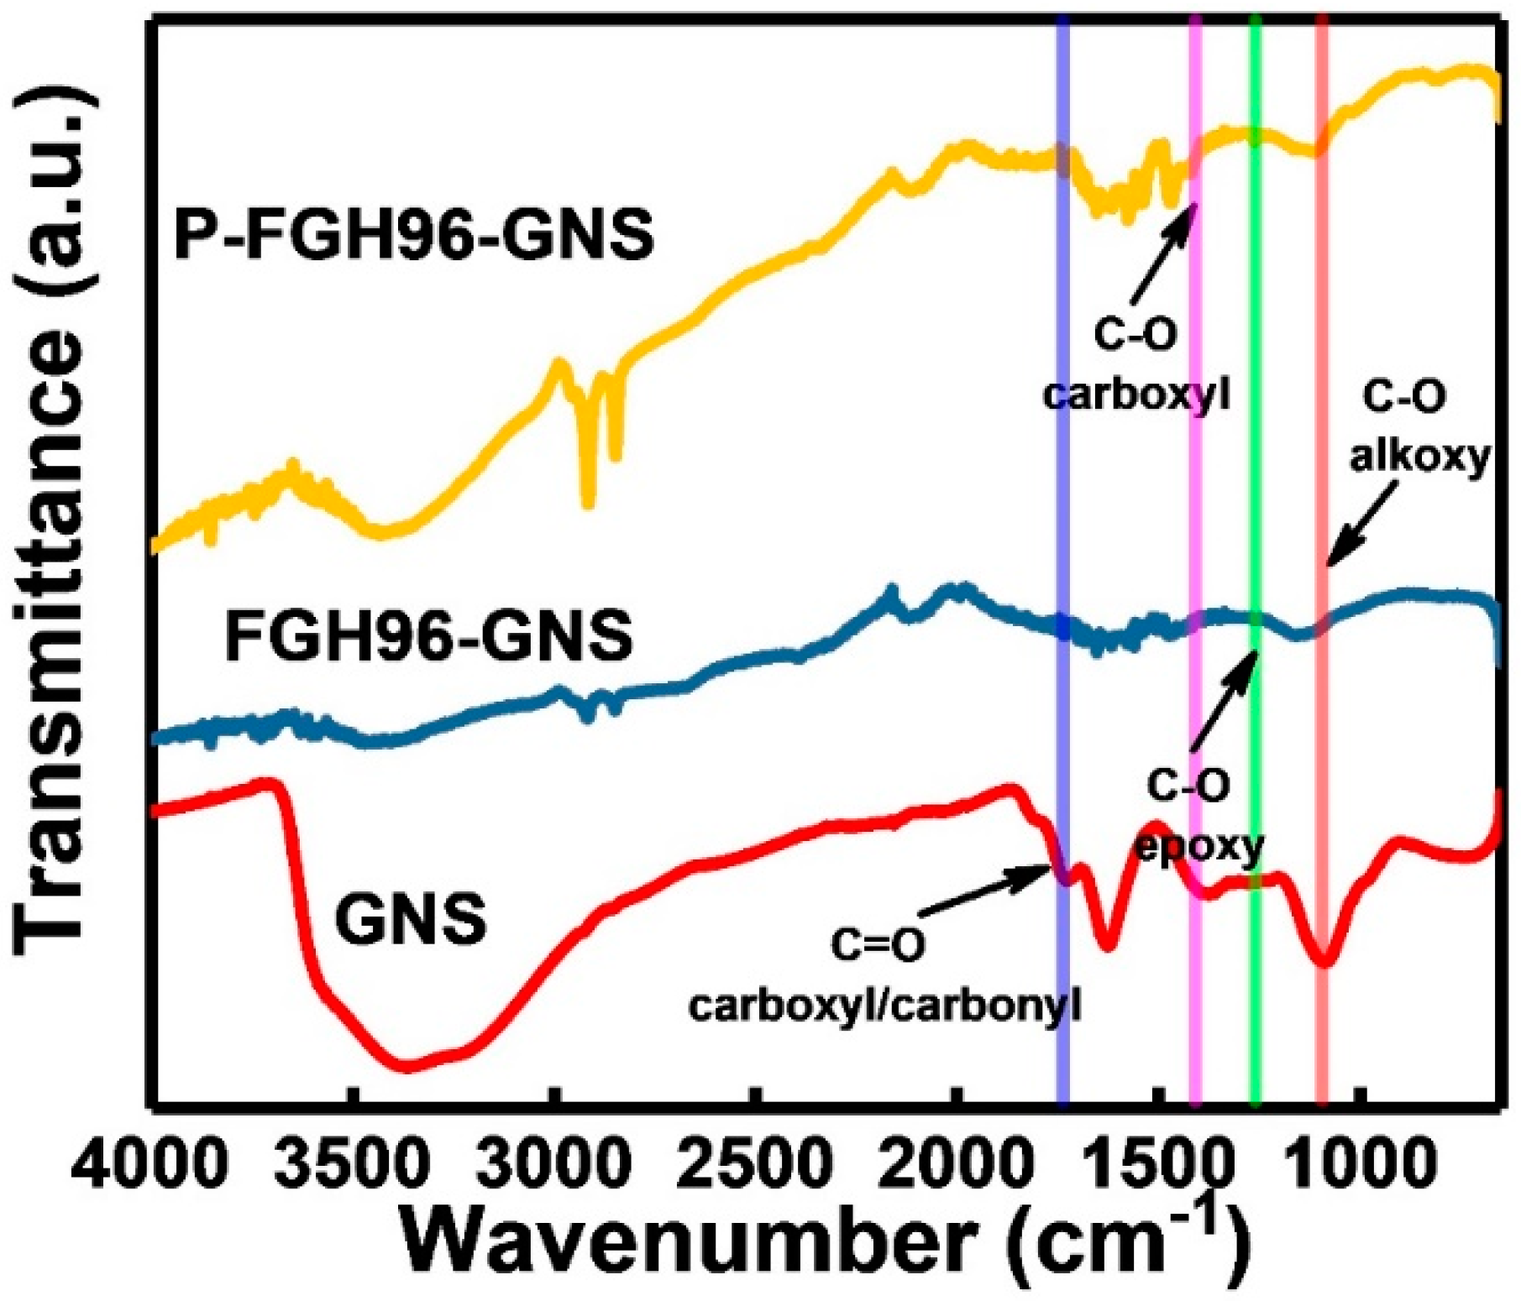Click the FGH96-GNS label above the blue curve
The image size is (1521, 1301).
point(428,636)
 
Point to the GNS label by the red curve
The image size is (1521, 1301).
point(411,918)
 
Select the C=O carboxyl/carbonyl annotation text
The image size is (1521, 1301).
point(884,975)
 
